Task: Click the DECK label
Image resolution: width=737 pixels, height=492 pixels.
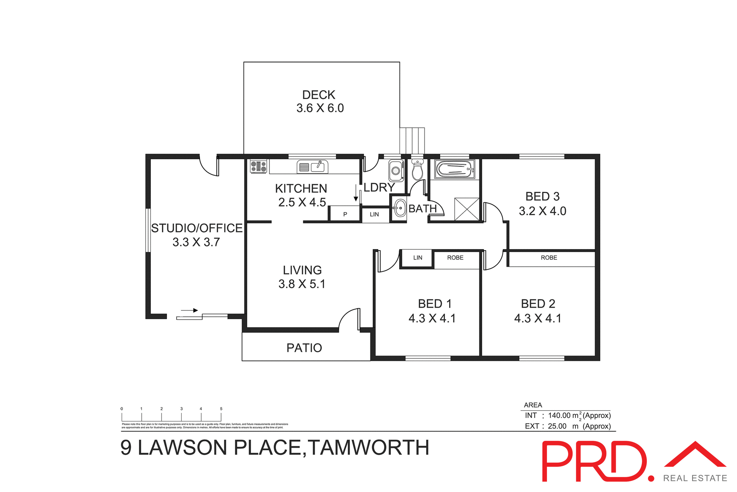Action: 319,95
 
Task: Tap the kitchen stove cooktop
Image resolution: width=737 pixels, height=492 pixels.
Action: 258,167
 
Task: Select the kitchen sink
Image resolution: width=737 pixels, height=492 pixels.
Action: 312,167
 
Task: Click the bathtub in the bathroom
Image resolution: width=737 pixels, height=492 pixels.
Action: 455,169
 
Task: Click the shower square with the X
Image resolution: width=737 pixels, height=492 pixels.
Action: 467,209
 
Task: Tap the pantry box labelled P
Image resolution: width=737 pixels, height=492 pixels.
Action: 345,214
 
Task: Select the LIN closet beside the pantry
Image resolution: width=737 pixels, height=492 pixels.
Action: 374,214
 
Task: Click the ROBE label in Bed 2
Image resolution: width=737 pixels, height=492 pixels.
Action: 549,258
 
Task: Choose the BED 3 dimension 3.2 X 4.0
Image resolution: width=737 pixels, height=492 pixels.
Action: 542,211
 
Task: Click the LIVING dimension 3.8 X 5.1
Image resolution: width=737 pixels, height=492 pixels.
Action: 302,284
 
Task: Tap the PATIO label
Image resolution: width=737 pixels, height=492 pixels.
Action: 304,348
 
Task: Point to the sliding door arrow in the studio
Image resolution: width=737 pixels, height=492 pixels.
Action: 189,310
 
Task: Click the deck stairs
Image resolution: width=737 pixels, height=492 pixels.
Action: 412,140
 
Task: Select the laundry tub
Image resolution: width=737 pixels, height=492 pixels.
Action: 396,171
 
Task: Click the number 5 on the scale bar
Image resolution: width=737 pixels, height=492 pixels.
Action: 221,409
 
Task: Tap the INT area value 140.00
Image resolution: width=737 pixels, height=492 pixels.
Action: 559,416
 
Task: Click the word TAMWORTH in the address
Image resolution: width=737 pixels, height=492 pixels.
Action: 368,447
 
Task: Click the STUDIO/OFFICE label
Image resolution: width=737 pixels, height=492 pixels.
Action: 197,228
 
